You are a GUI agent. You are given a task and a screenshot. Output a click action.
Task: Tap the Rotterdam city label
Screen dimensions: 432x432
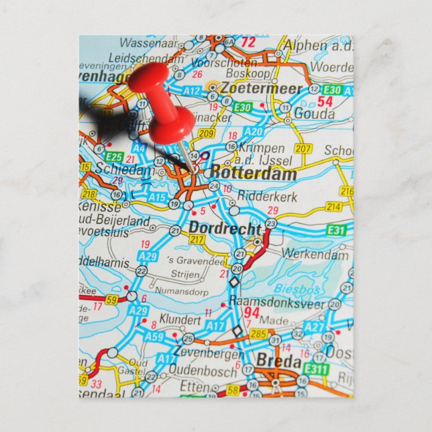[245, 174]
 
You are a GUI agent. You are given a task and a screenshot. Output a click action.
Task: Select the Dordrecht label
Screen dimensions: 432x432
[225, 228]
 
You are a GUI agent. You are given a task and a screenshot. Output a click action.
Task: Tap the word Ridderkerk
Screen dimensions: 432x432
[258, 198]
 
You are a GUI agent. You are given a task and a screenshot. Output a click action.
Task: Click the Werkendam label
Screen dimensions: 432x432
[315, 254]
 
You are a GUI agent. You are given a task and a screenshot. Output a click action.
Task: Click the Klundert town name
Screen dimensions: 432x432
[181, 321]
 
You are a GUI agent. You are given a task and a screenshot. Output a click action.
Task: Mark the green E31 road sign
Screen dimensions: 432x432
[337, 230]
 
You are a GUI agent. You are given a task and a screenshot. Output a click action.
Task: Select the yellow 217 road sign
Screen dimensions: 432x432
[197, 239]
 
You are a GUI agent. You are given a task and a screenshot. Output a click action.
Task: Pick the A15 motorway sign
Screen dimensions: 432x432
[158, 197]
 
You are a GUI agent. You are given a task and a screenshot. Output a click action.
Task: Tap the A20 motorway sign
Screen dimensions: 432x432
[254, 131]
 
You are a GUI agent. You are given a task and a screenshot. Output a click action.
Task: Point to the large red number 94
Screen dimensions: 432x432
[252, 312]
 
